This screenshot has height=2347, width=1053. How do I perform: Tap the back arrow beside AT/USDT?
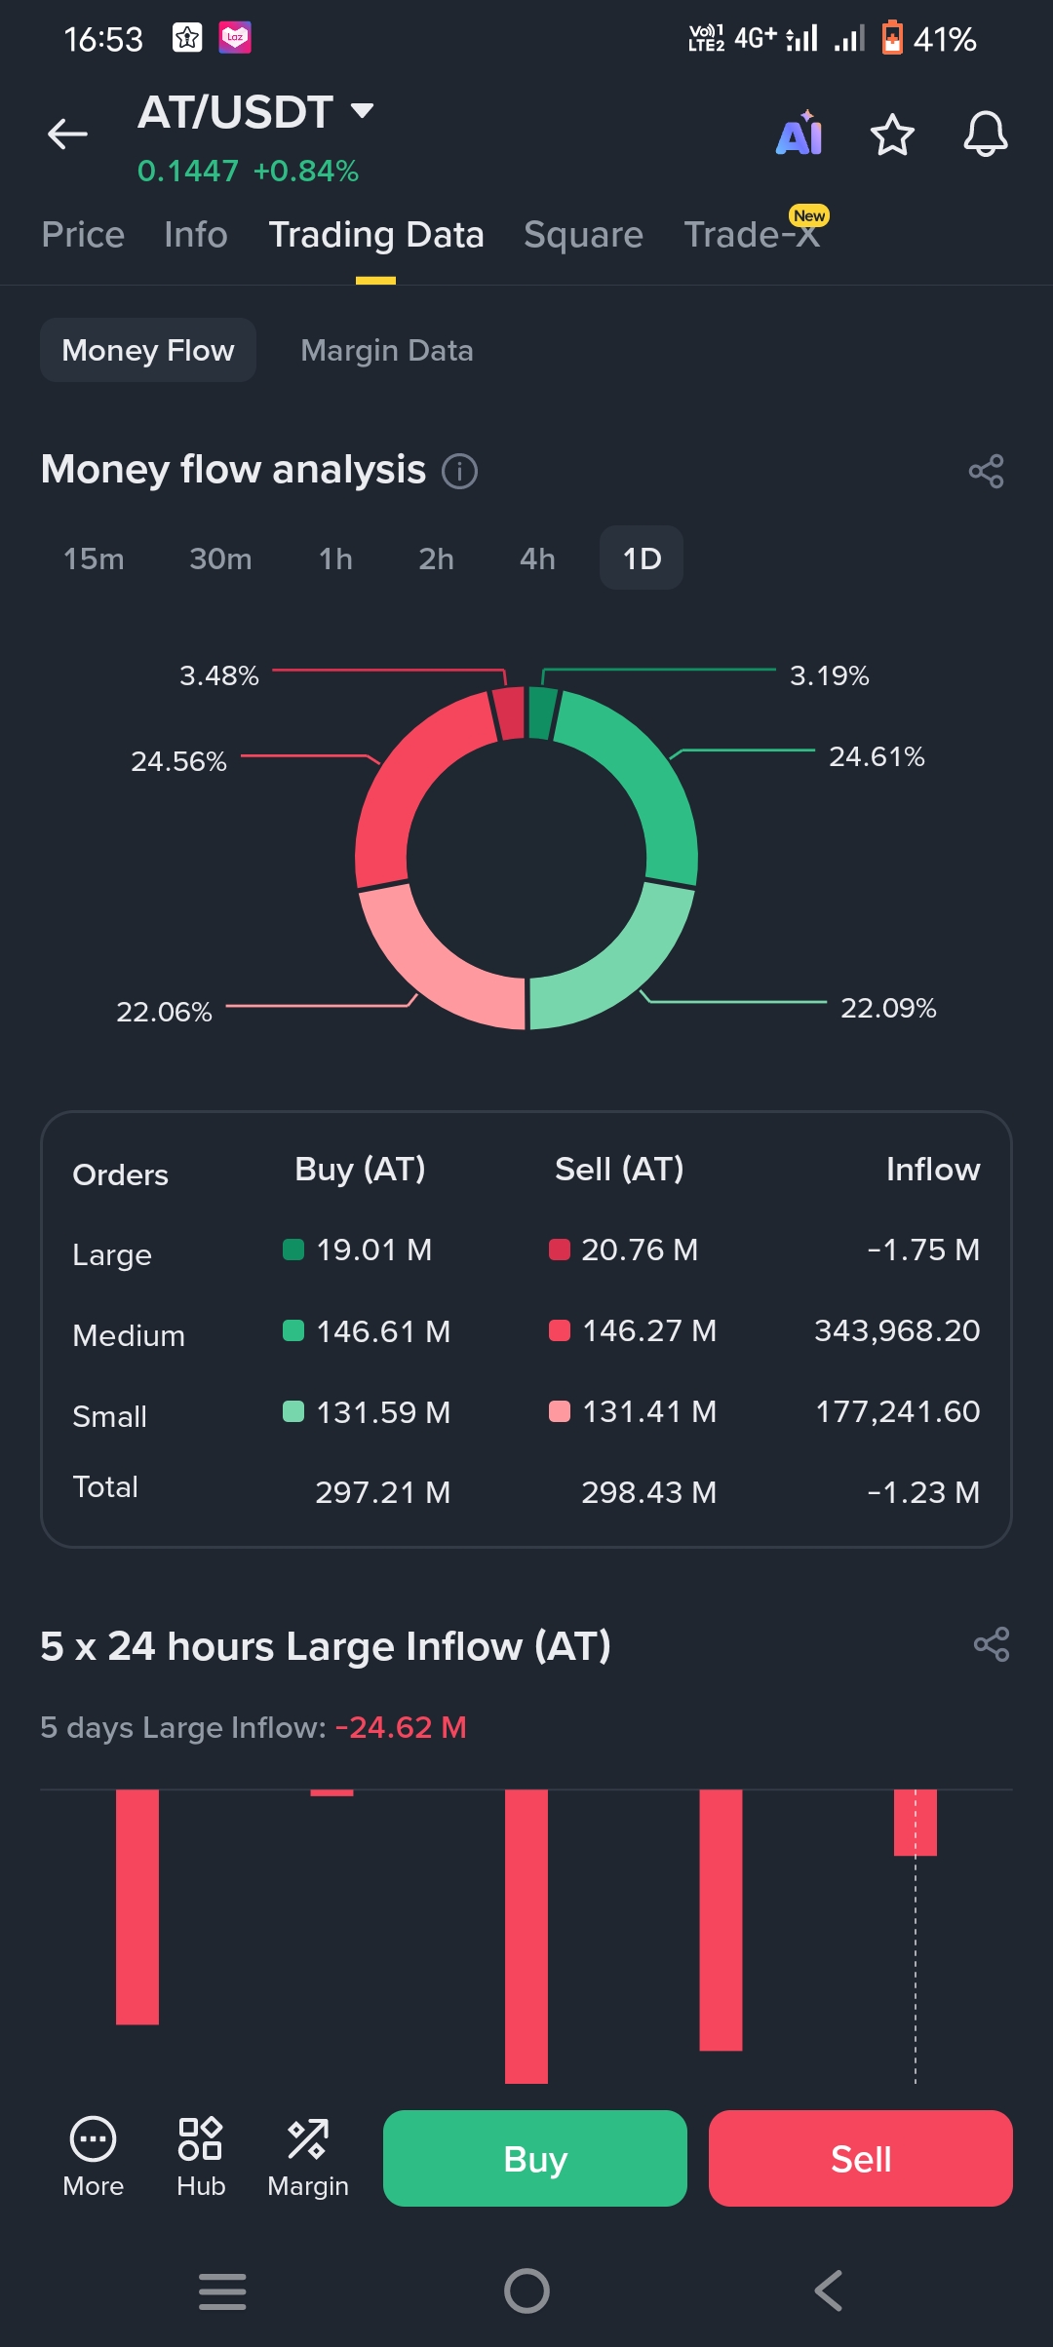67,134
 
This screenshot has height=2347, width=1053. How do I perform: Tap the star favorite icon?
892,135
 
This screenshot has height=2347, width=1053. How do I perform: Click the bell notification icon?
986,135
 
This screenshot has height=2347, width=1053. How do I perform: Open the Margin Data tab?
387,350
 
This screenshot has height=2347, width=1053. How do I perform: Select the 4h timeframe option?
537,558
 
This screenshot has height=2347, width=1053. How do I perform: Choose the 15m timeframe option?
94,558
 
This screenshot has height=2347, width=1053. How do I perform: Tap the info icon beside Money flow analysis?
460,472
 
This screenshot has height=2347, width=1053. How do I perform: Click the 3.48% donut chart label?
219,675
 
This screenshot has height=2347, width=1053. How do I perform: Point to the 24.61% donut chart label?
877,756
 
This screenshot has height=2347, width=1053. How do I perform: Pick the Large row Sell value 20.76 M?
639,1250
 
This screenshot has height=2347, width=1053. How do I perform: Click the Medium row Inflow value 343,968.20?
897,1330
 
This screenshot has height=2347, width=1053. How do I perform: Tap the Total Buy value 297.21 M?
382,1492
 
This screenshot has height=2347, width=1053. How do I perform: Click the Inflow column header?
932,1170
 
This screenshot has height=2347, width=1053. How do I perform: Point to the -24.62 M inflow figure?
401,1727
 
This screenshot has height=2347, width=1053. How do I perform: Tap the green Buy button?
534,2159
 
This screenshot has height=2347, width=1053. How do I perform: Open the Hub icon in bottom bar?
201,2157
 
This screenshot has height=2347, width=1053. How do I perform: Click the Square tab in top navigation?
583,235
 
